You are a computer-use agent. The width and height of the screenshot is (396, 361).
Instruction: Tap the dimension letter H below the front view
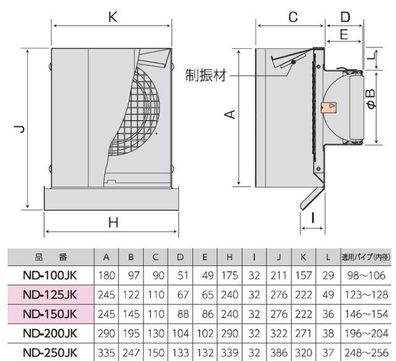click(113, 223)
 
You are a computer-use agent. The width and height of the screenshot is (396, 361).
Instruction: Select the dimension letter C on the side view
click(293, 15)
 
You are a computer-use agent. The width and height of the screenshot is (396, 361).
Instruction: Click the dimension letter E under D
click(345, 35)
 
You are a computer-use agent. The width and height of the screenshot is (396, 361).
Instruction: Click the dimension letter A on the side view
click(229, 114)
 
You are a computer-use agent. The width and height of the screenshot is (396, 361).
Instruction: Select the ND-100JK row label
click(49, 273)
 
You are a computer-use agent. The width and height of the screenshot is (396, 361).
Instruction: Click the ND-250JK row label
click(49, 353)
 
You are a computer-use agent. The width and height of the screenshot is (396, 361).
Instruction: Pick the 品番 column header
click(49, 256)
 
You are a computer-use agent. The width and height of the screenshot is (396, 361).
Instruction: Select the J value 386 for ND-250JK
click(280, 353)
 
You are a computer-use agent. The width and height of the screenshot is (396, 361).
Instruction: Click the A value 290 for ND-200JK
click(108, 333)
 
